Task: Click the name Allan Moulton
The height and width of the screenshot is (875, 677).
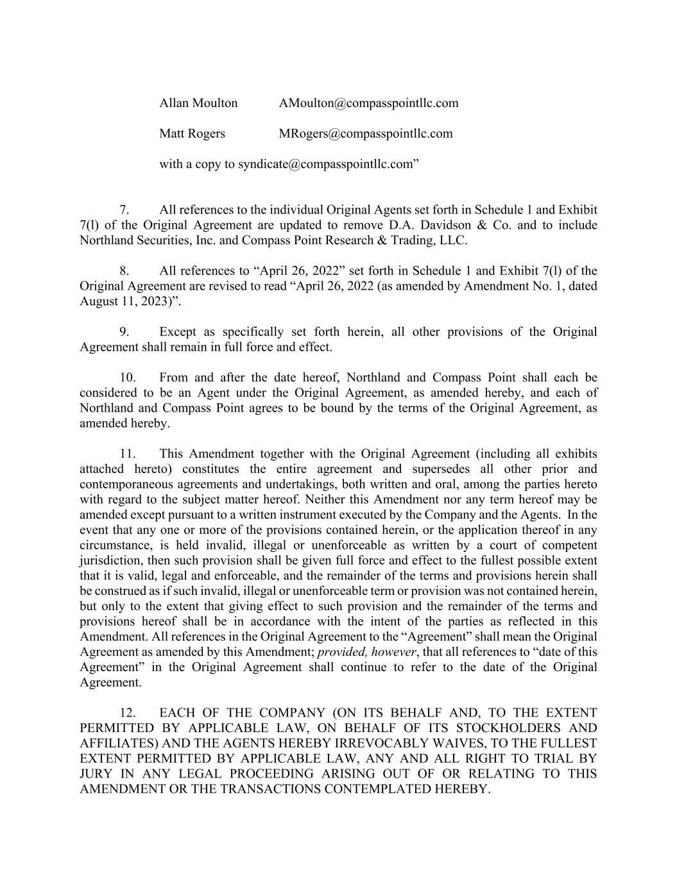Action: click(198, 103)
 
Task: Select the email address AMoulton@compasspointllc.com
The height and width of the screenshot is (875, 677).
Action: click(368, 103)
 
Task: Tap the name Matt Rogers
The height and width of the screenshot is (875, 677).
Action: click(192, 134)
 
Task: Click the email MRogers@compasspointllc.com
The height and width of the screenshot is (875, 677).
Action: click(366, 134)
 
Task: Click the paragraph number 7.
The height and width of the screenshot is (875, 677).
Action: click(124, 210)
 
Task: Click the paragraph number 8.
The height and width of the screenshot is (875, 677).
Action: click(124, 271)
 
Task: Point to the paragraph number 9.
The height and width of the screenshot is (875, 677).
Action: click(124, 332)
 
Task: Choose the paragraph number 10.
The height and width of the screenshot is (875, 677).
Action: click(128, 378)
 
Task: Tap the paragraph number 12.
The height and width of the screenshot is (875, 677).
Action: click(128, 713)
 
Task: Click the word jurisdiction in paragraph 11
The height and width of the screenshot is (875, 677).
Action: click(110, 561)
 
